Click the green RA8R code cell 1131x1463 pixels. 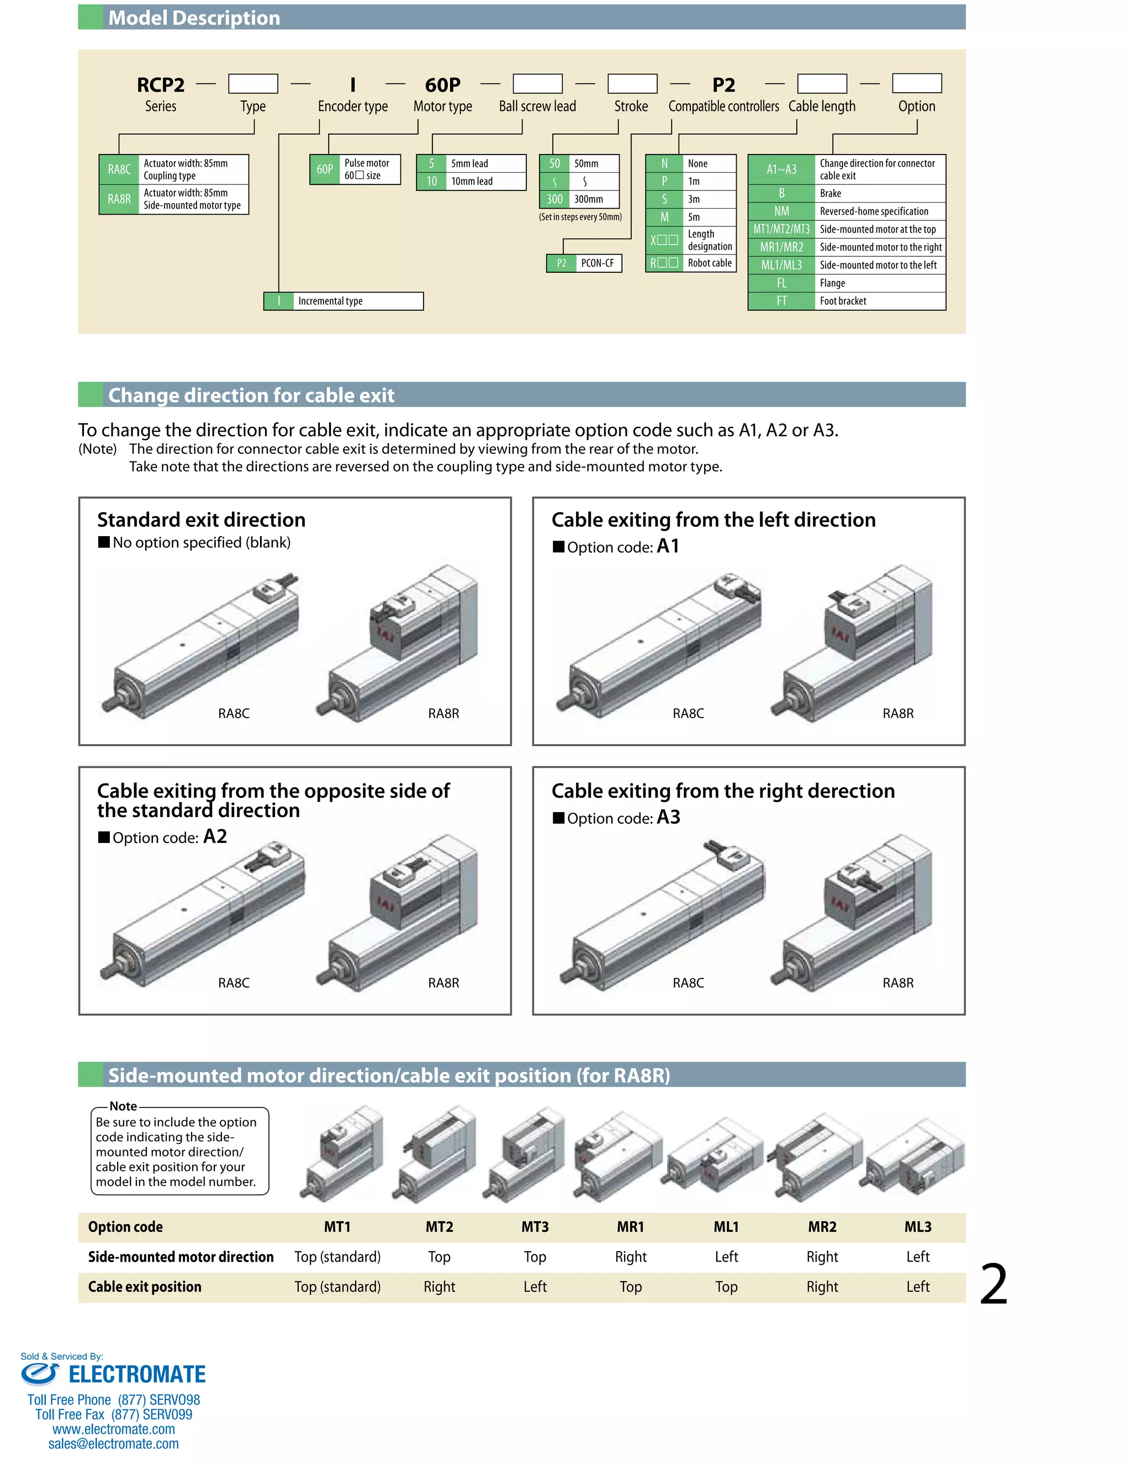[119, 199]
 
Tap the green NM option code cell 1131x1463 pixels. [781, 211]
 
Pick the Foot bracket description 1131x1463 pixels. [843, 301]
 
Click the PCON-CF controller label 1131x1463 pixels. [597, 263]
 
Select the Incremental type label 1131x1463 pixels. [330, 301]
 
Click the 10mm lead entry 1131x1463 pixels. [472, 182]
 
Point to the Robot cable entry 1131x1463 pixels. [710, 263]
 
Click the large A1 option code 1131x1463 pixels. [667, 546]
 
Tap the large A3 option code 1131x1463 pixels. [668, 817]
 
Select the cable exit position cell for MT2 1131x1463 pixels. [439, 1286]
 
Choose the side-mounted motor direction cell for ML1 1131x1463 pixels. [726, 1257]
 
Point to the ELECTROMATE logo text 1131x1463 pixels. [137, 1375]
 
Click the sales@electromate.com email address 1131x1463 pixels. [113, 1444]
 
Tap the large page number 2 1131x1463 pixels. [993, 1284]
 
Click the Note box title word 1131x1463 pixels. [123, 1106]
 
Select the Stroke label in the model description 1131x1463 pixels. [631, 107]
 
